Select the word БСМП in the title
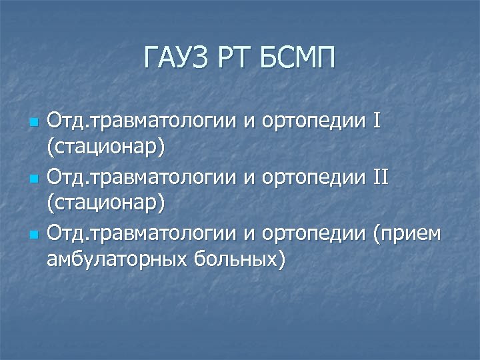[297, 60]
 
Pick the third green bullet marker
[35, 235]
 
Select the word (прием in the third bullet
[407, 235]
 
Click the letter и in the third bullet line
[249, 235]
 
